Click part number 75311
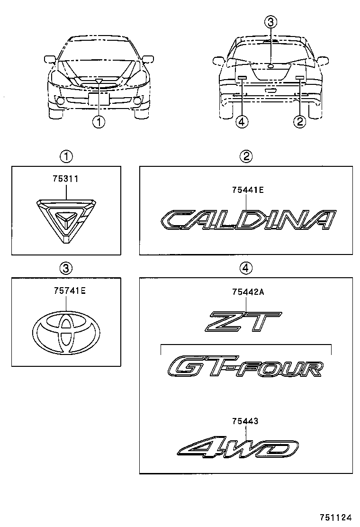(66, 180)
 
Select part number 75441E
(247, 190)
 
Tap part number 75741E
(66, 292)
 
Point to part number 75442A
(247, 292)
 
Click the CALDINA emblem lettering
(247, 220)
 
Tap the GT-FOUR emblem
(246, 367)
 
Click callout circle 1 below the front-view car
(99, 122)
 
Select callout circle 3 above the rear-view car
(270, 22)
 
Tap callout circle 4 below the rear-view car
(242, 122)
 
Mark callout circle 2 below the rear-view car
(300, 122)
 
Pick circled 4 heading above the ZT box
(245, 268)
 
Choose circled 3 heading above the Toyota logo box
(66, 268)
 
